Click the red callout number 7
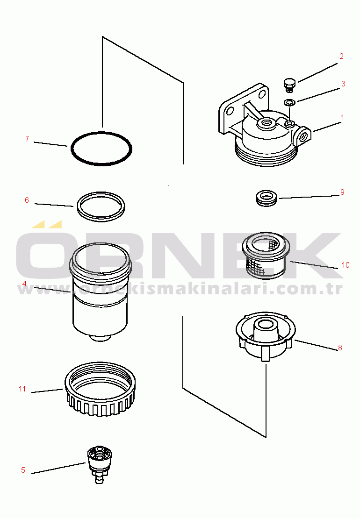pyautogui.click(x=27, y=139)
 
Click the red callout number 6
pyautogui.click(x=27, y=200)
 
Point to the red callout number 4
pyautogui.click(x=24, y=284)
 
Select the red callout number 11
pyautogui.click(x=22, y=389)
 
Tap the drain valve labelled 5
pyautogui.click(x=100, y=464)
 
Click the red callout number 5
pyautogui.click(x=23, y=470)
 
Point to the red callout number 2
pyautogui.click(x=341, y=56)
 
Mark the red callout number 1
pyautogui.click(x=342, y=118)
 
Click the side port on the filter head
pyautogui.click(x=303, y=136)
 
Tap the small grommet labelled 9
pyautogui.click(x=266, y=198)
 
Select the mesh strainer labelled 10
pyautogui.click(x=266, y=255)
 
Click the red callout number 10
pyautogui.click(x=346, y=265)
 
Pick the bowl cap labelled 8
pyautogui.click(x=266, y=336)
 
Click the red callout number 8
pyautogui.click(x=340, y=348)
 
